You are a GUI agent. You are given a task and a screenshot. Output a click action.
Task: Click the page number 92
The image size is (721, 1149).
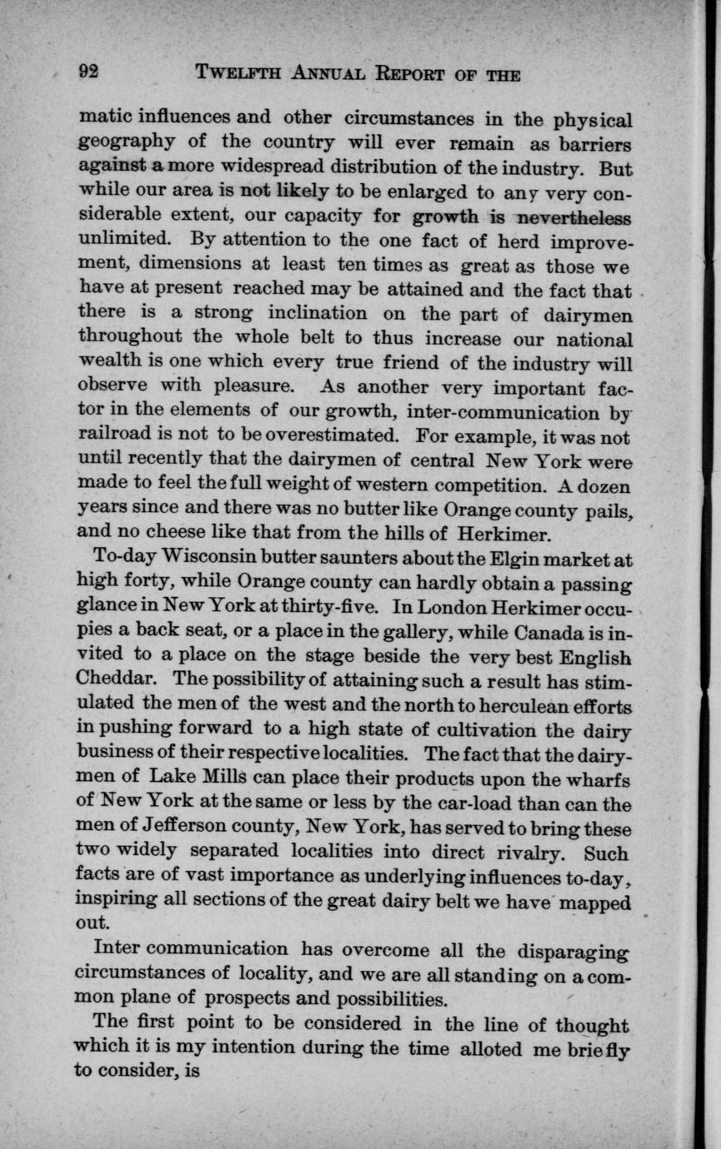[88, 72]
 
